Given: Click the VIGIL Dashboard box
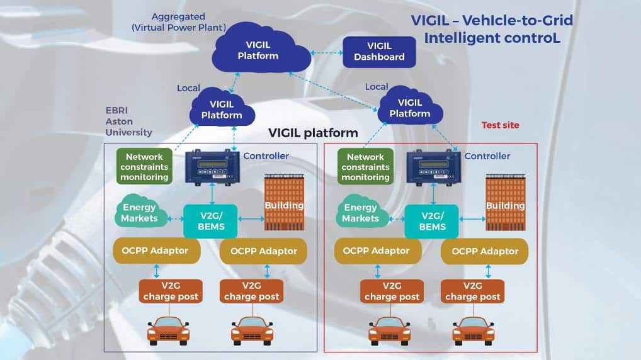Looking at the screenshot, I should [379, 52].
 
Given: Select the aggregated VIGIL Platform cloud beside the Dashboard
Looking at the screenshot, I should [261, 51].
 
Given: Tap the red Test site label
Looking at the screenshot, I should [500, 125].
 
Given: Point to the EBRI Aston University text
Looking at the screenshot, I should [128, 121].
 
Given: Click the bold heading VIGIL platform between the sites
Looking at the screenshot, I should [313, 133].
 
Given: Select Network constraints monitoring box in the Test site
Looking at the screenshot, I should [365, 167].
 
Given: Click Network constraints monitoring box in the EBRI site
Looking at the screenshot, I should [144, 167].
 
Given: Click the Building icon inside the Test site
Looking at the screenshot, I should [506, 203].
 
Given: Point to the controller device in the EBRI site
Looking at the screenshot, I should [212, 166].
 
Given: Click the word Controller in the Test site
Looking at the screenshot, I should [487, 156].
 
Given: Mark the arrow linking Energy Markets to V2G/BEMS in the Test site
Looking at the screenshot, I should [396, 219].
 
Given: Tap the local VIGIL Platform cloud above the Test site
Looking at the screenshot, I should [410, 108].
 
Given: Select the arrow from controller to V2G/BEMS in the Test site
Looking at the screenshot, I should [433, 194].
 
